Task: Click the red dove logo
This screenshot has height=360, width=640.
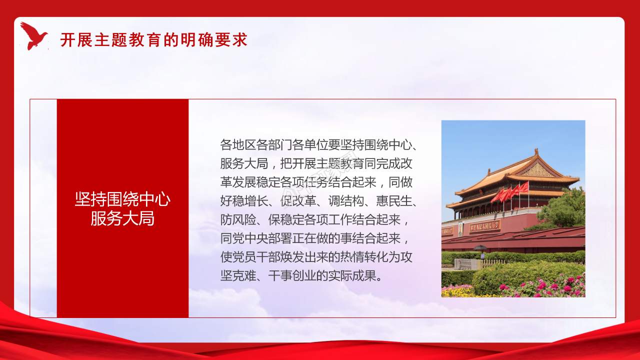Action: point(33,36)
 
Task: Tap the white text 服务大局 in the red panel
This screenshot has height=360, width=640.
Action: point(122,218)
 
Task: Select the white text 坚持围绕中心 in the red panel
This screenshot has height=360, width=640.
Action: point(122,199)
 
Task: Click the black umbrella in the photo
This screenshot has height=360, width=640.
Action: point(480,247)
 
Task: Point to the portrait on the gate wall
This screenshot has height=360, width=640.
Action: point(460,229)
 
